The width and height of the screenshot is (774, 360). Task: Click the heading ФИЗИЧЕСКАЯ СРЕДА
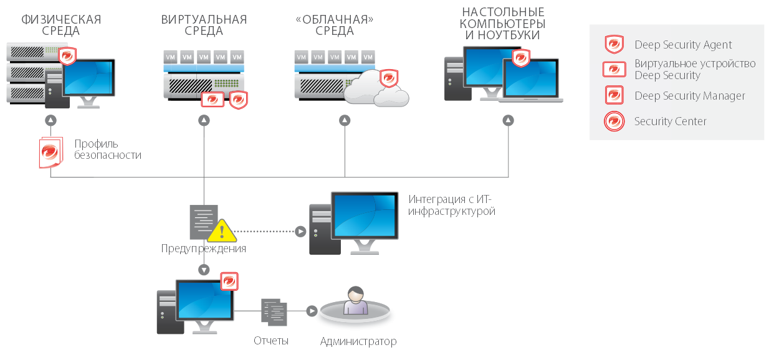[x=61, y=25]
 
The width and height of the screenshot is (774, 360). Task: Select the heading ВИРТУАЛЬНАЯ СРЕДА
[x=204, y=25]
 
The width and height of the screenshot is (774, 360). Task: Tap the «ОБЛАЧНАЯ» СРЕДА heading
[x=335, y=25]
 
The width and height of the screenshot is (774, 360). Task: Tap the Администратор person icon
[x=355, y=303]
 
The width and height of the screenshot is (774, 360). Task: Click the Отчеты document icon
[x=274, y=311]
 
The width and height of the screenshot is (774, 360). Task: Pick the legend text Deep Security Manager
[x=690, y=96]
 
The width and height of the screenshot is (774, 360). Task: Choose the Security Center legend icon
[x=614, y=121]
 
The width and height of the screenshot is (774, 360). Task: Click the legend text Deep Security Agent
[x=683, y=45]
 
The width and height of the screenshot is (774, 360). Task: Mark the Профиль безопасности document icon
[x=50, y=152]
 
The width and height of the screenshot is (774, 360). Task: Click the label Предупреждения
[x=203, y=249]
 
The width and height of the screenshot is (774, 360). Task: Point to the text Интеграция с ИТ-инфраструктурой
[x=452, y=206]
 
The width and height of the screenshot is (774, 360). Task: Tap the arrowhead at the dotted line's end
[x=300, y=231]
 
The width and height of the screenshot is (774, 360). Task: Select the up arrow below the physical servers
[x=50, y=120]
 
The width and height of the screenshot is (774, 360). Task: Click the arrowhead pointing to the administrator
[x=312, y=311]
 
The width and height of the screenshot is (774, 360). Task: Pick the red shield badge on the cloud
[x=389, y=78]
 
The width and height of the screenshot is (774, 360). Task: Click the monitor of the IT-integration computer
[x=365, y=216]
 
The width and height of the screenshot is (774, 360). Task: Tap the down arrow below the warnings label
[x=204, y=270]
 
